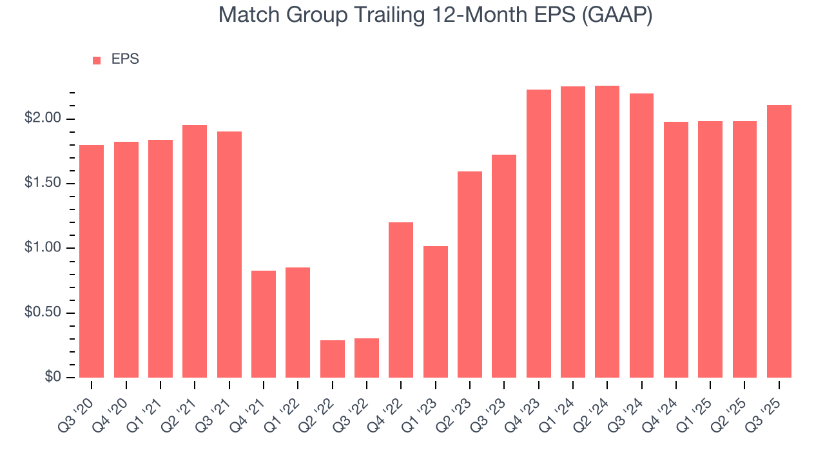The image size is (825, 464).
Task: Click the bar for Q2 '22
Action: coord(332,359)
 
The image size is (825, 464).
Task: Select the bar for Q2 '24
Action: coord(607,232)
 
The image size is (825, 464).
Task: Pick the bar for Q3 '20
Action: coord(92,261)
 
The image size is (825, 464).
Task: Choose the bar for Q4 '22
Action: coord(401,300)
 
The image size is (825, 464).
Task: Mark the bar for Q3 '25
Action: coord(779,241)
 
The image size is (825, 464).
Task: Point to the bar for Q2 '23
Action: coord(470,275)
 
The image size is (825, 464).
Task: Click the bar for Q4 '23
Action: coord(539,233)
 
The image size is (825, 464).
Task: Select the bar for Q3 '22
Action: coord(367,358)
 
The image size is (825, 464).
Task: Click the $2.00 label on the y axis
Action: coord(43,119)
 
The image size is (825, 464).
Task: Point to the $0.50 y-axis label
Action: coord(43,313)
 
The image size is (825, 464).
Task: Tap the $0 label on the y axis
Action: coord(52,377)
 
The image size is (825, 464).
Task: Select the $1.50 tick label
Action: coord(43,184)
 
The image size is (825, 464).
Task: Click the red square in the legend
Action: coord(97,60)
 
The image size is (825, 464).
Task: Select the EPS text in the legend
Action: coord(125,59)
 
